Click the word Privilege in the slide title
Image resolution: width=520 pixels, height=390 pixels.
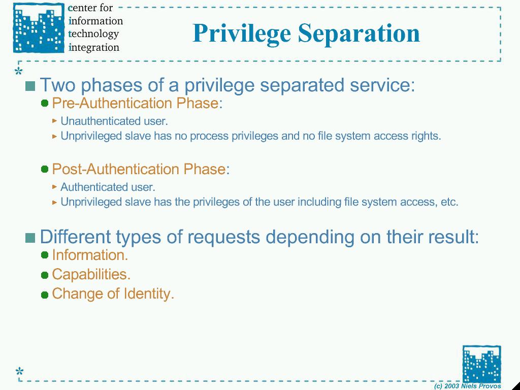[x=242, y=34]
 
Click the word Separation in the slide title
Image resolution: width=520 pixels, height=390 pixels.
[x=359, y=32]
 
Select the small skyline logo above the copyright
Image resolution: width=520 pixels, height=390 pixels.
[x=481, y=364]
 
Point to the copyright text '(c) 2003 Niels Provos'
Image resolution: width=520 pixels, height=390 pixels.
[x=467, y=386]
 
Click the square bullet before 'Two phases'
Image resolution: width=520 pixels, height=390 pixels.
[x=30, y=86]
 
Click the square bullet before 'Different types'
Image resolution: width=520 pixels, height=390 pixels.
[x=30, y=238]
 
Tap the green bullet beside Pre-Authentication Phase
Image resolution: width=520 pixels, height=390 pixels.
[x=45, y=103]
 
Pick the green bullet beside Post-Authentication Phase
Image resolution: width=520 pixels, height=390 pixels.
[x=45, y=169]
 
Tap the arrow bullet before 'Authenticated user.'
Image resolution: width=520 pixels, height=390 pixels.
[x=55, y=187]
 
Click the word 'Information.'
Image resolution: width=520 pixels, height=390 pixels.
[x=90, y=255]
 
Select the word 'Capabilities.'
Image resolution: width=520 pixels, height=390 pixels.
[x=91, y=274]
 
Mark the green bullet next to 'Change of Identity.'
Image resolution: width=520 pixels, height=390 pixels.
[x=45, y=295]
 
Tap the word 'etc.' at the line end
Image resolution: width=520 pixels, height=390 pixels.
[x=450, y=202]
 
